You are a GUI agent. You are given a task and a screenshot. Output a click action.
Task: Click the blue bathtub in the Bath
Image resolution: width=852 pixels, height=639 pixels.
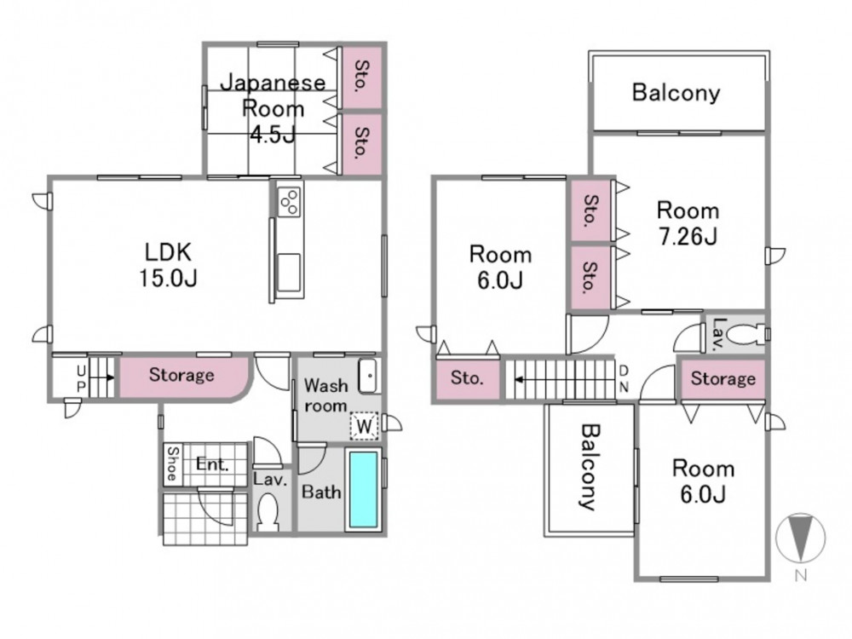(363, 489)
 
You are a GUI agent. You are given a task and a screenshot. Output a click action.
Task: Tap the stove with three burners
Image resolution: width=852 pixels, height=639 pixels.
(289, 202)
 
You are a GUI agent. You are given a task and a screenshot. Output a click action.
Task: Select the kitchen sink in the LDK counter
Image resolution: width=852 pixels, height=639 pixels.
(289, 273)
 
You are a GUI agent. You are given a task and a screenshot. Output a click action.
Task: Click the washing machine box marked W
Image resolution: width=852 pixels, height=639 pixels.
(364, 425)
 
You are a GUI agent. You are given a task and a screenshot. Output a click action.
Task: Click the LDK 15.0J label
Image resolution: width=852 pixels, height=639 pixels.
(168, 265)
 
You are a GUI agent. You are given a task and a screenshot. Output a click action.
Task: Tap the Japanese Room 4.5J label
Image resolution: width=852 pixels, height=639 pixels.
(273, 109)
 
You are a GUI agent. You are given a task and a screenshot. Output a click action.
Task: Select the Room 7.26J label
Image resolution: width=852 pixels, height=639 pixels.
(688, 223)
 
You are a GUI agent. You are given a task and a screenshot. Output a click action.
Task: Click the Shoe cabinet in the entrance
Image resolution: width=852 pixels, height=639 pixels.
(173, 464)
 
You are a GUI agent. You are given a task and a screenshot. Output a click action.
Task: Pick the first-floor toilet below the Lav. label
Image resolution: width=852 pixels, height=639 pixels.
(268, 512)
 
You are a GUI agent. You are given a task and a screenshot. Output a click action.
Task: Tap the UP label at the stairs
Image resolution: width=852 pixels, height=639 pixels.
(81, 379)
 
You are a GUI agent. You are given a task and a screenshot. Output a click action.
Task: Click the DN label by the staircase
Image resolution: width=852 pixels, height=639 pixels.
(624, 379)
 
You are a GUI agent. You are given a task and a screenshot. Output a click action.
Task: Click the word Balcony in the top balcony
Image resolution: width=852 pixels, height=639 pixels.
(676, 92)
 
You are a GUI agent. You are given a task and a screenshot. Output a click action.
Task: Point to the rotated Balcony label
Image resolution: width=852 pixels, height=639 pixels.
(590, 467)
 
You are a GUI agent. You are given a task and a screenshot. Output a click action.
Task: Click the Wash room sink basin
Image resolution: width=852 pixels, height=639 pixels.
(368, 376)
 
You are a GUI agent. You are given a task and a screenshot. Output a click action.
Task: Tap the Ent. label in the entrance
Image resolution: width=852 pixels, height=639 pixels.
(212, 464)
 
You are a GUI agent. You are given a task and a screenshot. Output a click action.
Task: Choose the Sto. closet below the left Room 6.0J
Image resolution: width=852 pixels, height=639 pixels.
(468, 379)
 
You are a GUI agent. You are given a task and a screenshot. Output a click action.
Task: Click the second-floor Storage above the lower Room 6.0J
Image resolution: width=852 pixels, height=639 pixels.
(722, 378)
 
